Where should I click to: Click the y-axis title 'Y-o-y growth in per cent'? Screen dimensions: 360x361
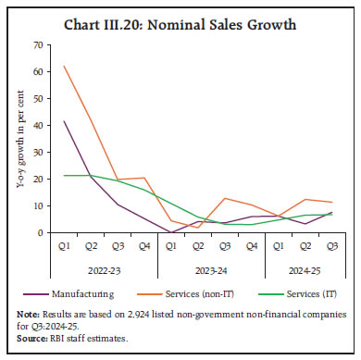click(x=18, y=139)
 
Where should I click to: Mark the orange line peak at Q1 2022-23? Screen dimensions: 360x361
click(x=64, y=66)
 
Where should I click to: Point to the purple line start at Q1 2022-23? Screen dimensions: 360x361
click(x=64, y=121)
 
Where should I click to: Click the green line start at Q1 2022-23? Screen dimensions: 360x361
click(x=64, y=175)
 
